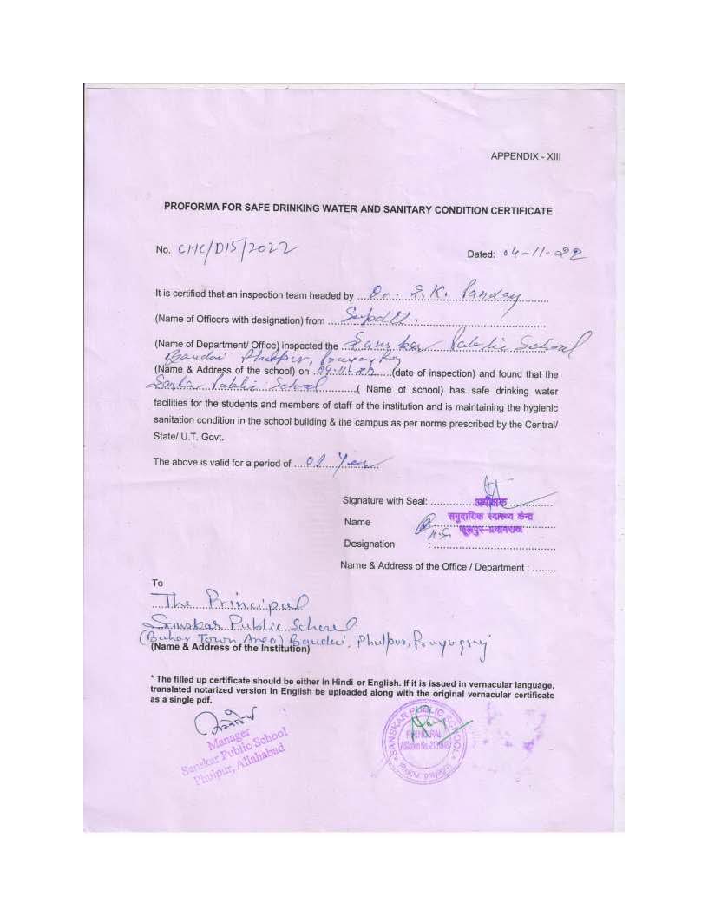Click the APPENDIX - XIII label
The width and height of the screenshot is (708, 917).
[526, 157]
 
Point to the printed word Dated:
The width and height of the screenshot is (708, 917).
[481, 254]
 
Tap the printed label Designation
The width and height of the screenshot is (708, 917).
[369, 544]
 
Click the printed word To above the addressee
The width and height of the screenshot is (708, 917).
[157, 583]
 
